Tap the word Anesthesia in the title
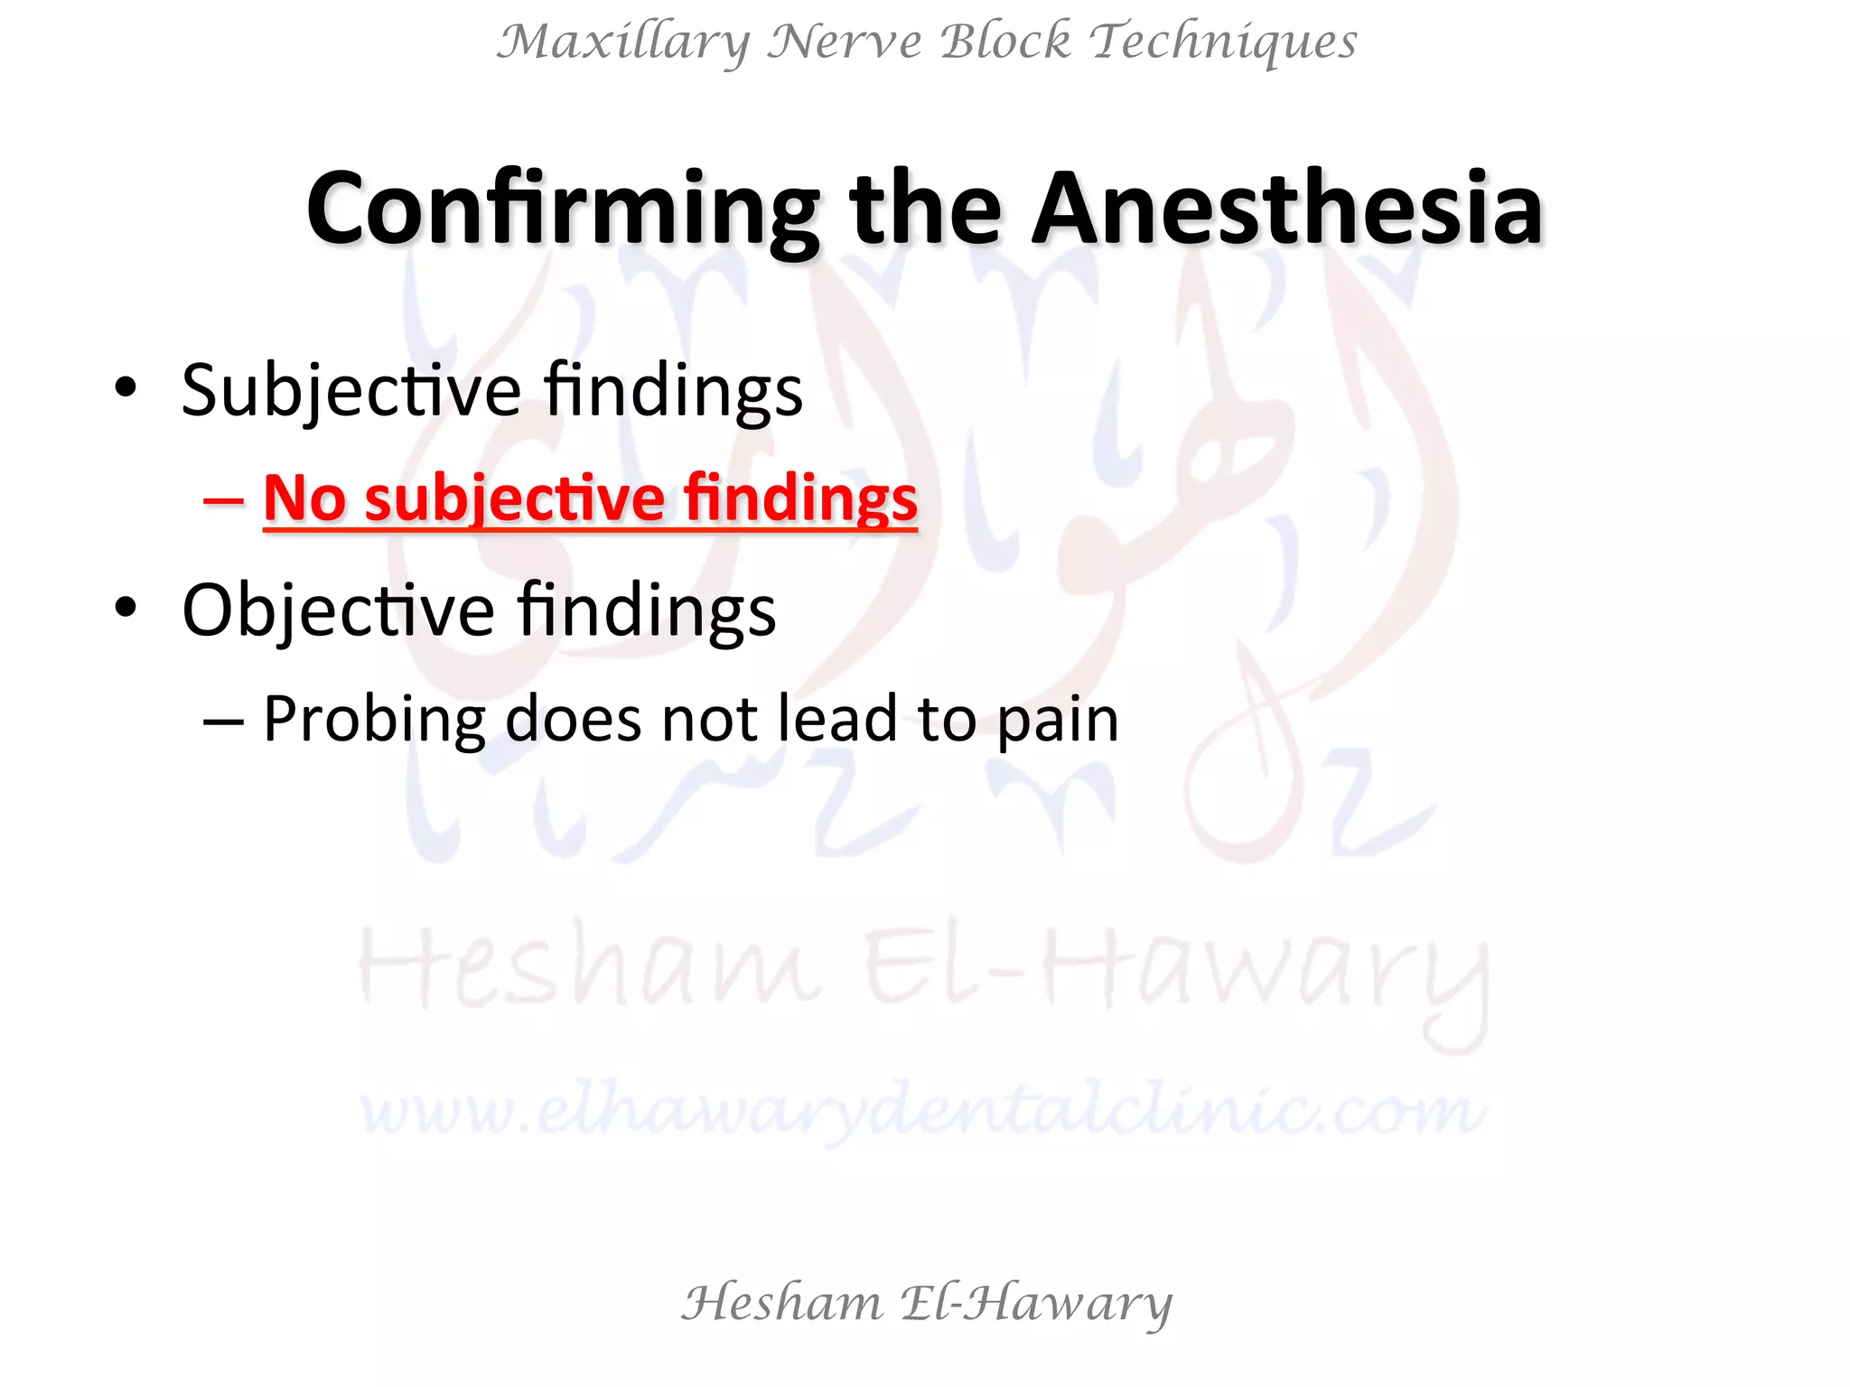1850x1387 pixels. pyautogui.click(x=1286, y=209)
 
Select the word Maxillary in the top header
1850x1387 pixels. pyautogui.click(x=623, y=42)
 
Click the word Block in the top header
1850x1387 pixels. pyautogui.click(x=1005, y=42)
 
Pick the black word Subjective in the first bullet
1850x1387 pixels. pyautogui.click(x=350, y=392)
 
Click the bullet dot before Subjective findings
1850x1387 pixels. pyautogui.click(x=126, y=388)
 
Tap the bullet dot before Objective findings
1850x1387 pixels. pyautogui.click(x=126, y=608)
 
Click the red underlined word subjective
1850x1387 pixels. pyautogui.click(x=514, y=499)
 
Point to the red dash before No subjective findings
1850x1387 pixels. pyautogui.click(x=223, y=499)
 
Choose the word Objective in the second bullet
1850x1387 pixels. pyautogui.click(x=338, y=611)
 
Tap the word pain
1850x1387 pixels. pyautogui.click(x=1058, y=721)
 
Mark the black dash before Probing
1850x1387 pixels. pyautogui.click(x=223, y=721)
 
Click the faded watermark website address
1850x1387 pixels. pyautogui.click(x=921, y=1111)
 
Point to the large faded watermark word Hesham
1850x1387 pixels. pyautogui.click(x=591, y=972)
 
